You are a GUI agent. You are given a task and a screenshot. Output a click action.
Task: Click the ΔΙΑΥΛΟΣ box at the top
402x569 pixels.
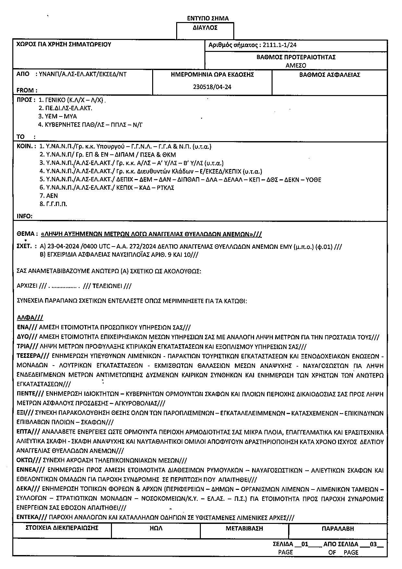click(x=205, y=28)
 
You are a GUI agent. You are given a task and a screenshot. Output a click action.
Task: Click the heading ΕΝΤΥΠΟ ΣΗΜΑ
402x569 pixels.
click(x=208, y=18)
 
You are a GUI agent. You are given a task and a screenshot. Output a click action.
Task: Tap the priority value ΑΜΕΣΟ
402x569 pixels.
click(x=296, y=65)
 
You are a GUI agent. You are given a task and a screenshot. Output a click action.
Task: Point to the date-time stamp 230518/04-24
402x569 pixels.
click(x=212, y=87)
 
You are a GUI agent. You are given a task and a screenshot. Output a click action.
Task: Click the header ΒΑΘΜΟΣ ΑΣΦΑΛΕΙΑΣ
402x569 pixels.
click(x=330, y=75)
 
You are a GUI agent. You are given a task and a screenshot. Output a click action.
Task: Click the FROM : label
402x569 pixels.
click(x=27, y=91)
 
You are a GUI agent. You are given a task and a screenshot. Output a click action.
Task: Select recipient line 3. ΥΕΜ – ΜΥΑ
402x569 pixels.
click(x=57, y=116)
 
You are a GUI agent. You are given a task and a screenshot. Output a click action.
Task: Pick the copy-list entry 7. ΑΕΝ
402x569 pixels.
click(x=49, y=196)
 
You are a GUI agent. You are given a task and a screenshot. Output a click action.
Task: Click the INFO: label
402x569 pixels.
click(x=25, y=216)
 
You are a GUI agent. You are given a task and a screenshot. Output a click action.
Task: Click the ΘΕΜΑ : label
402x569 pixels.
click(x=27, y=234)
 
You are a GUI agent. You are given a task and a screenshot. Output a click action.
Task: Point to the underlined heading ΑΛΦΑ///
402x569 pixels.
click(x=30, y=318)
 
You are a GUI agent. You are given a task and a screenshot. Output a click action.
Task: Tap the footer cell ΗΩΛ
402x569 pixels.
click(x=156, y=528)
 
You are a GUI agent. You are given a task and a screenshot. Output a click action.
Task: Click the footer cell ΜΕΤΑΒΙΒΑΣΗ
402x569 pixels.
click(x=244, y=528)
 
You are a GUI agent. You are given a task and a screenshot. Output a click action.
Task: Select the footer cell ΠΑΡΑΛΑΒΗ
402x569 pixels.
click(x=338, y=528)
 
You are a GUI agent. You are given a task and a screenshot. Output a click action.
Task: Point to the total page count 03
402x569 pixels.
click(x=373, y=544)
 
